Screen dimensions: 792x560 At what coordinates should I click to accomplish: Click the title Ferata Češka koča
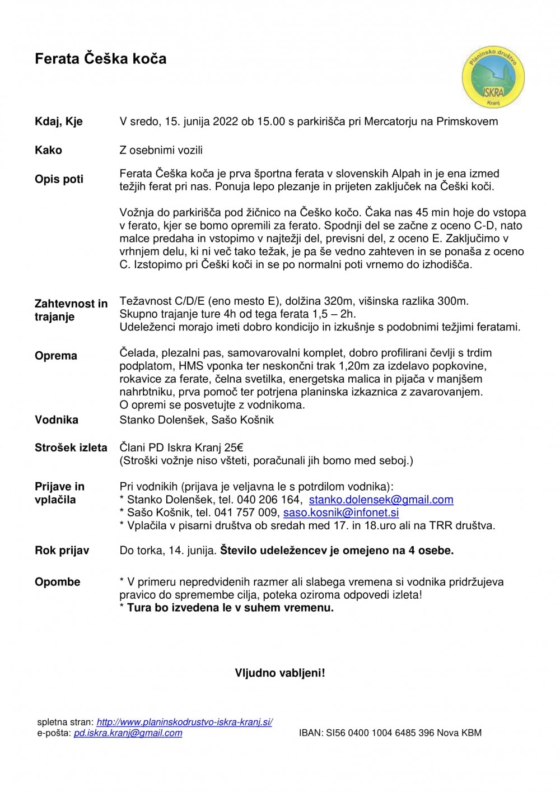pos(100,59)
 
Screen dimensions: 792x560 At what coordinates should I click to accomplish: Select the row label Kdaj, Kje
pos(59,122)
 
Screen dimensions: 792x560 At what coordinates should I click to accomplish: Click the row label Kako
pos(48,150)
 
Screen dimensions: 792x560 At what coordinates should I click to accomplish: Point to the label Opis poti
pos(59,179)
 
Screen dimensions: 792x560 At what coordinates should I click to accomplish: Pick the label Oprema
pos(56,356)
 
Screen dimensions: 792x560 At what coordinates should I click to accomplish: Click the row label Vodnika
pos(57,420)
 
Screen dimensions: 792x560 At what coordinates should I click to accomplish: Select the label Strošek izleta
pos(71,448)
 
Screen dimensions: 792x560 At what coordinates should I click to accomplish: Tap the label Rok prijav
pos(62,551)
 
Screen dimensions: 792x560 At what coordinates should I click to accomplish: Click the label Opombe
pos(57,582)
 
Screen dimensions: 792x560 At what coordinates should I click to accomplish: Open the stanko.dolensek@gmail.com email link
pos(381,500)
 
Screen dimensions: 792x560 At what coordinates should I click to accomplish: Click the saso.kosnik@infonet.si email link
pos(341,513)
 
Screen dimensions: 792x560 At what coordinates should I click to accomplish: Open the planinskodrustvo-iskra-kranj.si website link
pos(184,723)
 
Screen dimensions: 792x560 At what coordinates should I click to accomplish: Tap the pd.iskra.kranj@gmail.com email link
pos(128,733)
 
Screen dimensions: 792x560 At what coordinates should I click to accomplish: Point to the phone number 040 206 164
pos(268,500)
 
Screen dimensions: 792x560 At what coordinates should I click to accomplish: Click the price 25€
pos(234,448)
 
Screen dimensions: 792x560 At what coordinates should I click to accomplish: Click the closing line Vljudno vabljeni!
pos(280,673)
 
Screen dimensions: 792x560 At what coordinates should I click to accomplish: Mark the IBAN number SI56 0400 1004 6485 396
pos(380,733)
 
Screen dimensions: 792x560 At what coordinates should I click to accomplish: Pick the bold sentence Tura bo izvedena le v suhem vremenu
pos(230,608)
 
